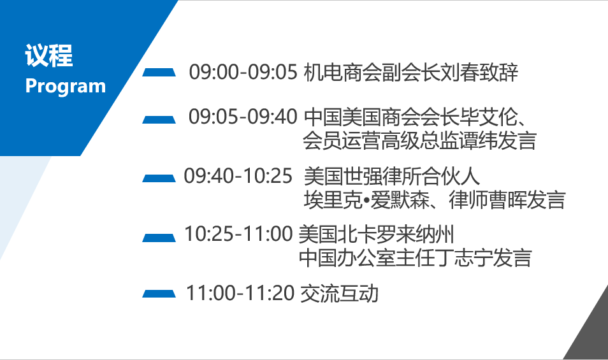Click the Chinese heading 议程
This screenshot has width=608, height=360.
pos(49,56)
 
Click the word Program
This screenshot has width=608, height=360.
pos(66,86)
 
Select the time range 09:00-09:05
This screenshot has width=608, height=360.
pos(243,72)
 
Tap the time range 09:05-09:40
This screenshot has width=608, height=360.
pos(243,117)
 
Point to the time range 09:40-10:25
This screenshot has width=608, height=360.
pos(238,176)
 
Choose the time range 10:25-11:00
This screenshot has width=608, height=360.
pos(238,234)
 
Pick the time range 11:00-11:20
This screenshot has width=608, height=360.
pos(240,293)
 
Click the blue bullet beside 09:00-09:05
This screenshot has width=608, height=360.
pos(159,73)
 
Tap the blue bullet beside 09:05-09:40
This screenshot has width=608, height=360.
pos(159,119)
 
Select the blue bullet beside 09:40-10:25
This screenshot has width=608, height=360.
pos(159,178)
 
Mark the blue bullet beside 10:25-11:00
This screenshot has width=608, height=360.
pos(159,238)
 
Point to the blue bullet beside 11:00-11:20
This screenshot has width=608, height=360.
pos(159,294)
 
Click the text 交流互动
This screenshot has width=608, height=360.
pos(339,293)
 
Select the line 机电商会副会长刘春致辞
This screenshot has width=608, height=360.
pos(411,73)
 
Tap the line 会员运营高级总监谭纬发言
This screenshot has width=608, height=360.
pos(419,141)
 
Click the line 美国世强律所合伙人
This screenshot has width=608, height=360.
pos(392,176)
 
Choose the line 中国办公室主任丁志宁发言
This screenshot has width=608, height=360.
pos(416,258)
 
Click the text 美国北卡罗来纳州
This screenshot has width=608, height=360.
pos(376,234)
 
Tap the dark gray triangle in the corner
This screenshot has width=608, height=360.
pos(592,333)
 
